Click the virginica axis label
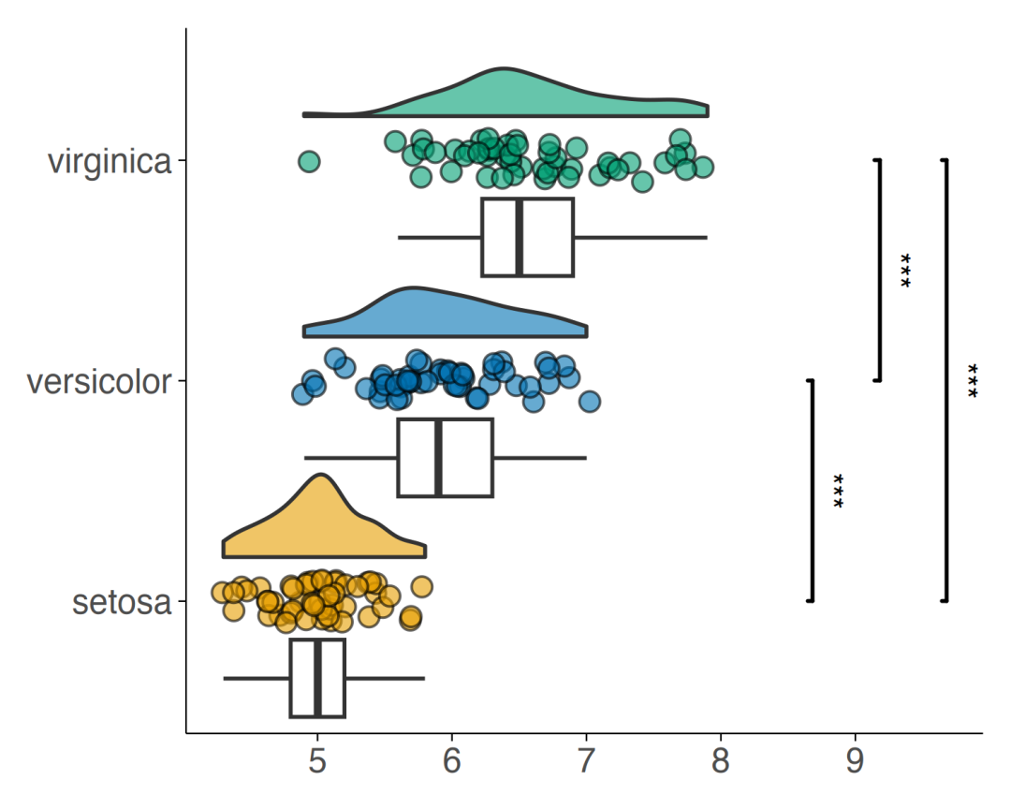tap(110, 161)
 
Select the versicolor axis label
tap(99, 382)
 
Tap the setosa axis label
tap(122, 603)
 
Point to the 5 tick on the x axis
tap(317, 761)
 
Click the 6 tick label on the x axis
tap(452, 761)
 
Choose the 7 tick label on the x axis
tap(586, 761)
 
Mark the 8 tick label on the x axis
tap(721, 761)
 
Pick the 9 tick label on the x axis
tap(855, 761)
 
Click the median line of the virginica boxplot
tap(519, 238)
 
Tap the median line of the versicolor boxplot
tap(438, 458)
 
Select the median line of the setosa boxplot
tap(317, 678)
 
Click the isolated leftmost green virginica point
tap(309, 161)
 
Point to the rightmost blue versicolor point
tap(590, 402)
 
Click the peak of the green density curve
tap(503, 68)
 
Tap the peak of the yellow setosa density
tap(320, 476)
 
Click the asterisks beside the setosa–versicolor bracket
tap(838, 491)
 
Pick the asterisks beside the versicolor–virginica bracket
tap(905, 271)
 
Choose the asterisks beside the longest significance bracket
tap(973, 381)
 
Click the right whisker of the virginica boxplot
tap(640, 238)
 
